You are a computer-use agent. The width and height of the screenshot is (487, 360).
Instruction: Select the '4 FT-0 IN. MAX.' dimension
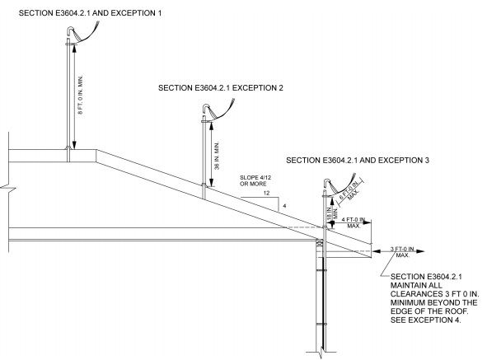coord(356,223)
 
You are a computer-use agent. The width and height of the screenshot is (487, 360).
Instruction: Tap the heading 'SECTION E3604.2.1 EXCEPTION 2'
coord(222,87)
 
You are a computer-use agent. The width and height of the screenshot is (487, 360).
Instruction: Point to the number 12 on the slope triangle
coord(266,193)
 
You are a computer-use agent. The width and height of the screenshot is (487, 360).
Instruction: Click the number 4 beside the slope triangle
coord(284,204)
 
